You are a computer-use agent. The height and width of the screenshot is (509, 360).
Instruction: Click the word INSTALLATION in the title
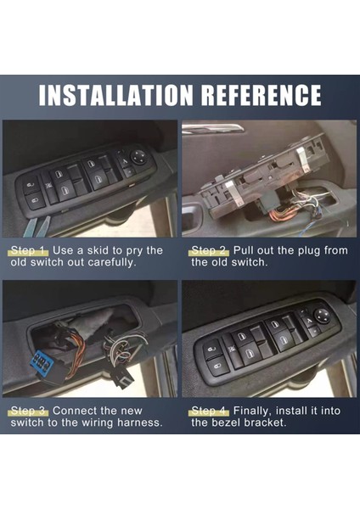coord(115,95)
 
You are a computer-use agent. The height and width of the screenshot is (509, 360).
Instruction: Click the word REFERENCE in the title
coord(261,95)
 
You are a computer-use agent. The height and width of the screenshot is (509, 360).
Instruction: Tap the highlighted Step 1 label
coord(30,250)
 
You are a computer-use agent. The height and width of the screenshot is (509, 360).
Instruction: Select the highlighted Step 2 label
coord(209,250)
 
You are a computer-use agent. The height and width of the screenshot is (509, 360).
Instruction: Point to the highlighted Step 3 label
coord(30,411)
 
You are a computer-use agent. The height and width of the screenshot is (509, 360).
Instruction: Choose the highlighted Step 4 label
coord(209,411)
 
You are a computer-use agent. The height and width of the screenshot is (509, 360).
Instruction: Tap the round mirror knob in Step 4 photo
coord(322,315)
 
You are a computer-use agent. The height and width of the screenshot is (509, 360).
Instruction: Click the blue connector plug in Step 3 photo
coord(41,361)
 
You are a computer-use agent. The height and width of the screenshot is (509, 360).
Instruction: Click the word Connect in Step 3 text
coord(75,411)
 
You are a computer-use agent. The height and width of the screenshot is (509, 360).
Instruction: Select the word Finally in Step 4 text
coord(252,411)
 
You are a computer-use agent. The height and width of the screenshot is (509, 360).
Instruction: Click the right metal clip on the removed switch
coord(305,159)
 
